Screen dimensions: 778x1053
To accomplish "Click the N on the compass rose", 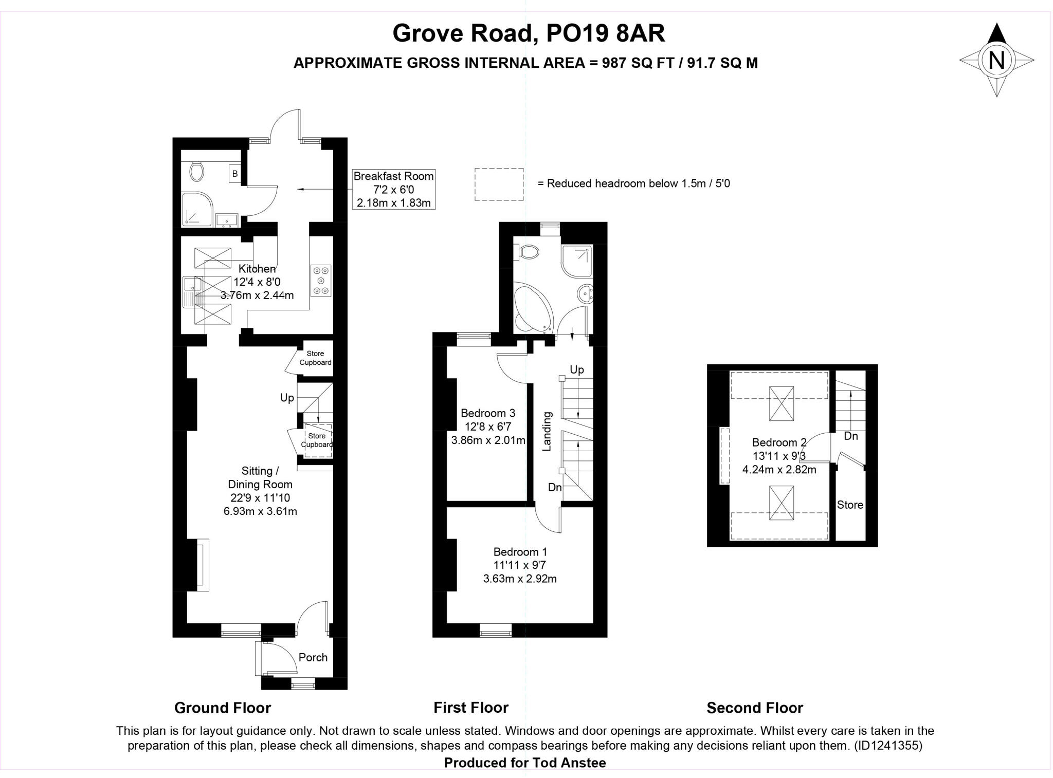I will pos(996,60).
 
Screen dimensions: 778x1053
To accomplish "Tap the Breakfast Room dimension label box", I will pos(393,189).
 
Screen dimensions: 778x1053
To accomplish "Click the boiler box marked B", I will pos(235,174).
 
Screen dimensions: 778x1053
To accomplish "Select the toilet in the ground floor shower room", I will pos(196,172).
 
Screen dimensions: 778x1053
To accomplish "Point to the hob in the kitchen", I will pos(321,281).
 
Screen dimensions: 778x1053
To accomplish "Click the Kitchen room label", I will pos(257,268).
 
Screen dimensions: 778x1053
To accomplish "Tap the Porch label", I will pos(313,657).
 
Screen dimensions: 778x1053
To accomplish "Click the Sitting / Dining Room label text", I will pos(260,477).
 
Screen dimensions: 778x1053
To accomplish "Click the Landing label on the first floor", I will pos(547,431).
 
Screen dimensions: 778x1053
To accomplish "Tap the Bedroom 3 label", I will pos(487,413).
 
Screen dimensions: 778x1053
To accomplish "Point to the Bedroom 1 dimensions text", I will pos(520,572).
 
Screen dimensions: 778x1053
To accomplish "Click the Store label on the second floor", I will pos(849,505).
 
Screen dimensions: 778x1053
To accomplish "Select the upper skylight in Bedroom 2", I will pos(781,403).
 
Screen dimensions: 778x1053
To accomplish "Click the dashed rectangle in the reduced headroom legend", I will pos(499,184).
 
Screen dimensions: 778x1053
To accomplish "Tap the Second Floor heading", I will pos(754,708).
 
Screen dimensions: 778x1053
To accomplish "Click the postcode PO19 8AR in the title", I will pos(605,33).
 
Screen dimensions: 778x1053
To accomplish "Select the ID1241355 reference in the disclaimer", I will pos(888,745).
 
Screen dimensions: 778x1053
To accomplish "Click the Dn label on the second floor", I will pos(850,436).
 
